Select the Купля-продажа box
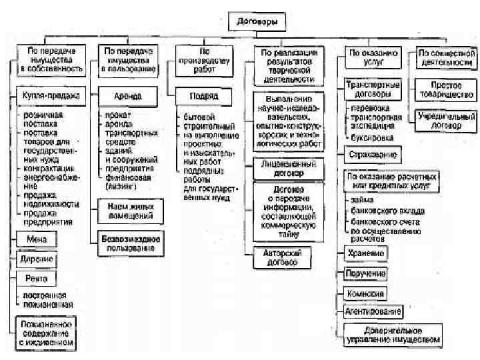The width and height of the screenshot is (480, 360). [x=47, y=96]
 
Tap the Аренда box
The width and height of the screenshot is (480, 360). [x=128, y=96]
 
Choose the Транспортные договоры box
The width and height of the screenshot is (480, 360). [x=372, y=90]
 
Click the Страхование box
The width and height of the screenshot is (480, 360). [x=373, y=155]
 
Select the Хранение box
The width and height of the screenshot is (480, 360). [x=366, y=253]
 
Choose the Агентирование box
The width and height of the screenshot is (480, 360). [x=373, y=312]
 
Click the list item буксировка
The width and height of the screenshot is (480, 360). [x=374, y=138]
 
